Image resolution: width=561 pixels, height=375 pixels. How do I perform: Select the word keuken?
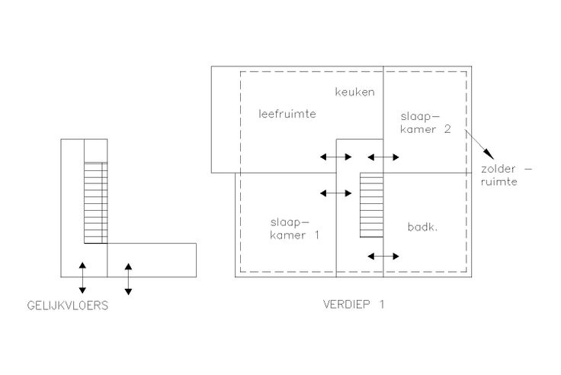tap(354, 92)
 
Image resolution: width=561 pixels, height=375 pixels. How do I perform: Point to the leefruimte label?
tap(287, 114)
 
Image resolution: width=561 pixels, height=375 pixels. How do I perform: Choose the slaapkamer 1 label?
tap(294, 229)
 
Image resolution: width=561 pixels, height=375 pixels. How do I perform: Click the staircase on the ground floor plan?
tap(95, 202)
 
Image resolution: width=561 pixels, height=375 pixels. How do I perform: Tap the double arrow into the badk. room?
tap(383, 255)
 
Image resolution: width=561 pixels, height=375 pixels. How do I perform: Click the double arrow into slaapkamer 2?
tap(383, 157)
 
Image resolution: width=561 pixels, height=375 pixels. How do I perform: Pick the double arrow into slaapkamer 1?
tap(335, 193)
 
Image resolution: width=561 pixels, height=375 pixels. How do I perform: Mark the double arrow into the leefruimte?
tap(335, 157)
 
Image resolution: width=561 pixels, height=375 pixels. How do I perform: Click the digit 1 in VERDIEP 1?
tap(382, 304)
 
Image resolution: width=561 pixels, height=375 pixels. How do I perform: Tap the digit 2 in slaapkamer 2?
tap(448, 130)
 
